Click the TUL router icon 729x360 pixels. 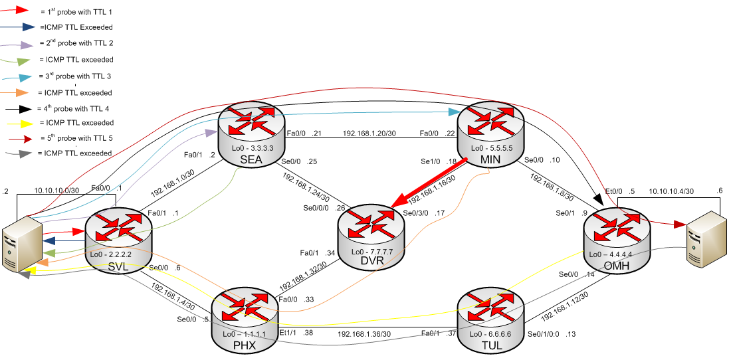(x=491, y=315)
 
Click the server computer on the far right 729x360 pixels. (x=705, y=242)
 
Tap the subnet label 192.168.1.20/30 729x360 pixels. (x=368, y=133)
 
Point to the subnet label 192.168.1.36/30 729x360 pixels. (x=364, y=333)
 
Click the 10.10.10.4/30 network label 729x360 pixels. (x=671, y=191)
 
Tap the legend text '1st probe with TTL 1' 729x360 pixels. (x=72, y=11)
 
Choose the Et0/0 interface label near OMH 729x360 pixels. (x=615, y=191)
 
